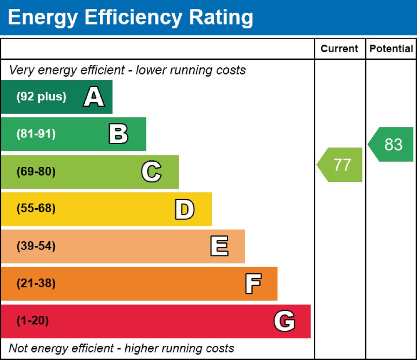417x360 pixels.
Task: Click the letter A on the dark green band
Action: tap(94, 98)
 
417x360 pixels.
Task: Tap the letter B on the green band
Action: tap(118, 134)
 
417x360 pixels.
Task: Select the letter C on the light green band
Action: tap(152, 172)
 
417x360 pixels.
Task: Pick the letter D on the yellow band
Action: tap(184, 209)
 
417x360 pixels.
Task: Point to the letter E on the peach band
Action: tap(219, 246)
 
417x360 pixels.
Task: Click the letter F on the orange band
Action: tap(253, 284)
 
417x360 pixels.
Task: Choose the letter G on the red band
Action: tap(284, 321)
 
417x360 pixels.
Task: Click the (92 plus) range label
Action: tap(41, 97)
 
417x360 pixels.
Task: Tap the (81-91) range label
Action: tap(36, 134)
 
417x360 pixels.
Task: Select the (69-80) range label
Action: tap(36, 172)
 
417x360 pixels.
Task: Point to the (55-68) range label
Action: tap(36, 209)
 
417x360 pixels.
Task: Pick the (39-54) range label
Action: tap(36, 246)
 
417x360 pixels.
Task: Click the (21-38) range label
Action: tap(36, 284)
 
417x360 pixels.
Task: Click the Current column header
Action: tap(339, 49)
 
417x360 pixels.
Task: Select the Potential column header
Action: tap(391, 49)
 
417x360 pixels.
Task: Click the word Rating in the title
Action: tap(221, 17)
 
